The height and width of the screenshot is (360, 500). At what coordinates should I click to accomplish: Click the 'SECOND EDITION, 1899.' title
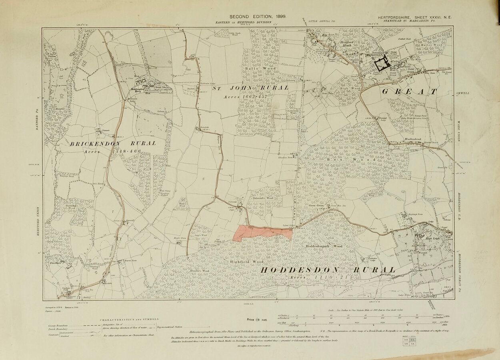coord(252,16)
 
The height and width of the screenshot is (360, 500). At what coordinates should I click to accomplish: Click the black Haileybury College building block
coord(382,63)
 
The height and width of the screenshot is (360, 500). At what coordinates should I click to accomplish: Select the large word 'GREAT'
coord(410,92)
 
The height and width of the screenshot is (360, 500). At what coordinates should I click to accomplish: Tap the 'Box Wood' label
coord(352,160)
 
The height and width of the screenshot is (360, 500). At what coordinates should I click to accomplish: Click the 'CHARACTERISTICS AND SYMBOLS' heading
coord(129,320)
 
